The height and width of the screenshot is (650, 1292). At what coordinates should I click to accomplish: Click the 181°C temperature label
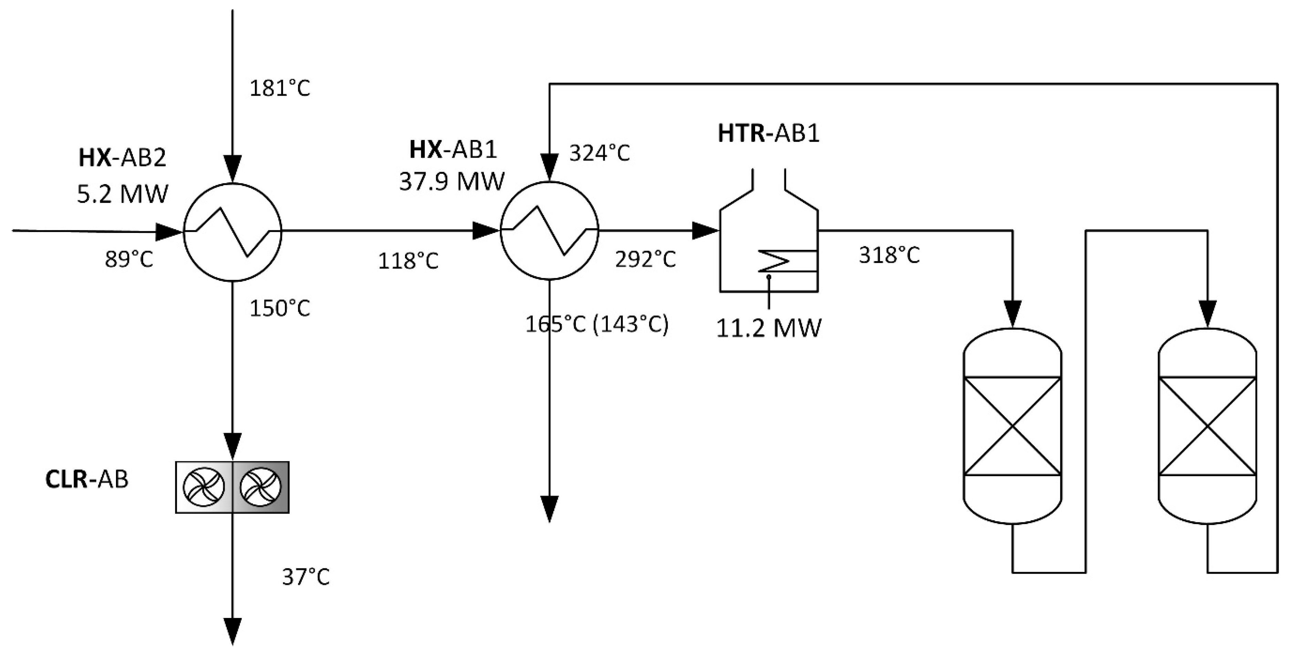pyautogui.click(x=280, y=88)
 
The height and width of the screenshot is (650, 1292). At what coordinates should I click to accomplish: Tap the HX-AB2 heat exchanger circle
pyautogui.click(x=232, y=231)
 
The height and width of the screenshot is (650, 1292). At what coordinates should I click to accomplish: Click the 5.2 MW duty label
pyautogui.click(x=123, y=194)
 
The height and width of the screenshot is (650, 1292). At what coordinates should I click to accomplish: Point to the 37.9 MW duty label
pyautogui.click(x=452, y=181)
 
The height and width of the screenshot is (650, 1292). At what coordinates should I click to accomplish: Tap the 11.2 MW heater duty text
pyautogui.click(x=769, y=329)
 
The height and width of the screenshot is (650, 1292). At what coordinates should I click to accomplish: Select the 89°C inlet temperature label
pyautogui.click(x=129, y=260)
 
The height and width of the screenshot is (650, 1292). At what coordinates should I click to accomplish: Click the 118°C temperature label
pyautogui.click(x=408, y=261)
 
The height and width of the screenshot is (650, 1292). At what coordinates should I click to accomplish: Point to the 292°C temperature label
pyautogui.click(x=646, y=259)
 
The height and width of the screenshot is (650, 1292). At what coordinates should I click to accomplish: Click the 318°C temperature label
pyautogui.click(x=889, y=255)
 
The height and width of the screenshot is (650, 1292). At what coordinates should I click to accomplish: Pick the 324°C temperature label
pyautogui.click(x=599, y=153)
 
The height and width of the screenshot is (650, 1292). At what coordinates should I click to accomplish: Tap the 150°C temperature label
pyautogui.click(x=280, y=308)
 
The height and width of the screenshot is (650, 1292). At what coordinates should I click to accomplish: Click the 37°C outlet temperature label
pyautogui.click(x=306, y=577)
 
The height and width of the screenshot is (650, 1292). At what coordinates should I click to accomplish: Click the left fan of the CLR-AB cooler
pyautogui.click(x=204, y=487)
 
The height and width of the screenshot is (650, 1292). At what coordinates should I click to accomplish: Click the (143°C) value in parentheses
pyautogui.click(x=631, y=325)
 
